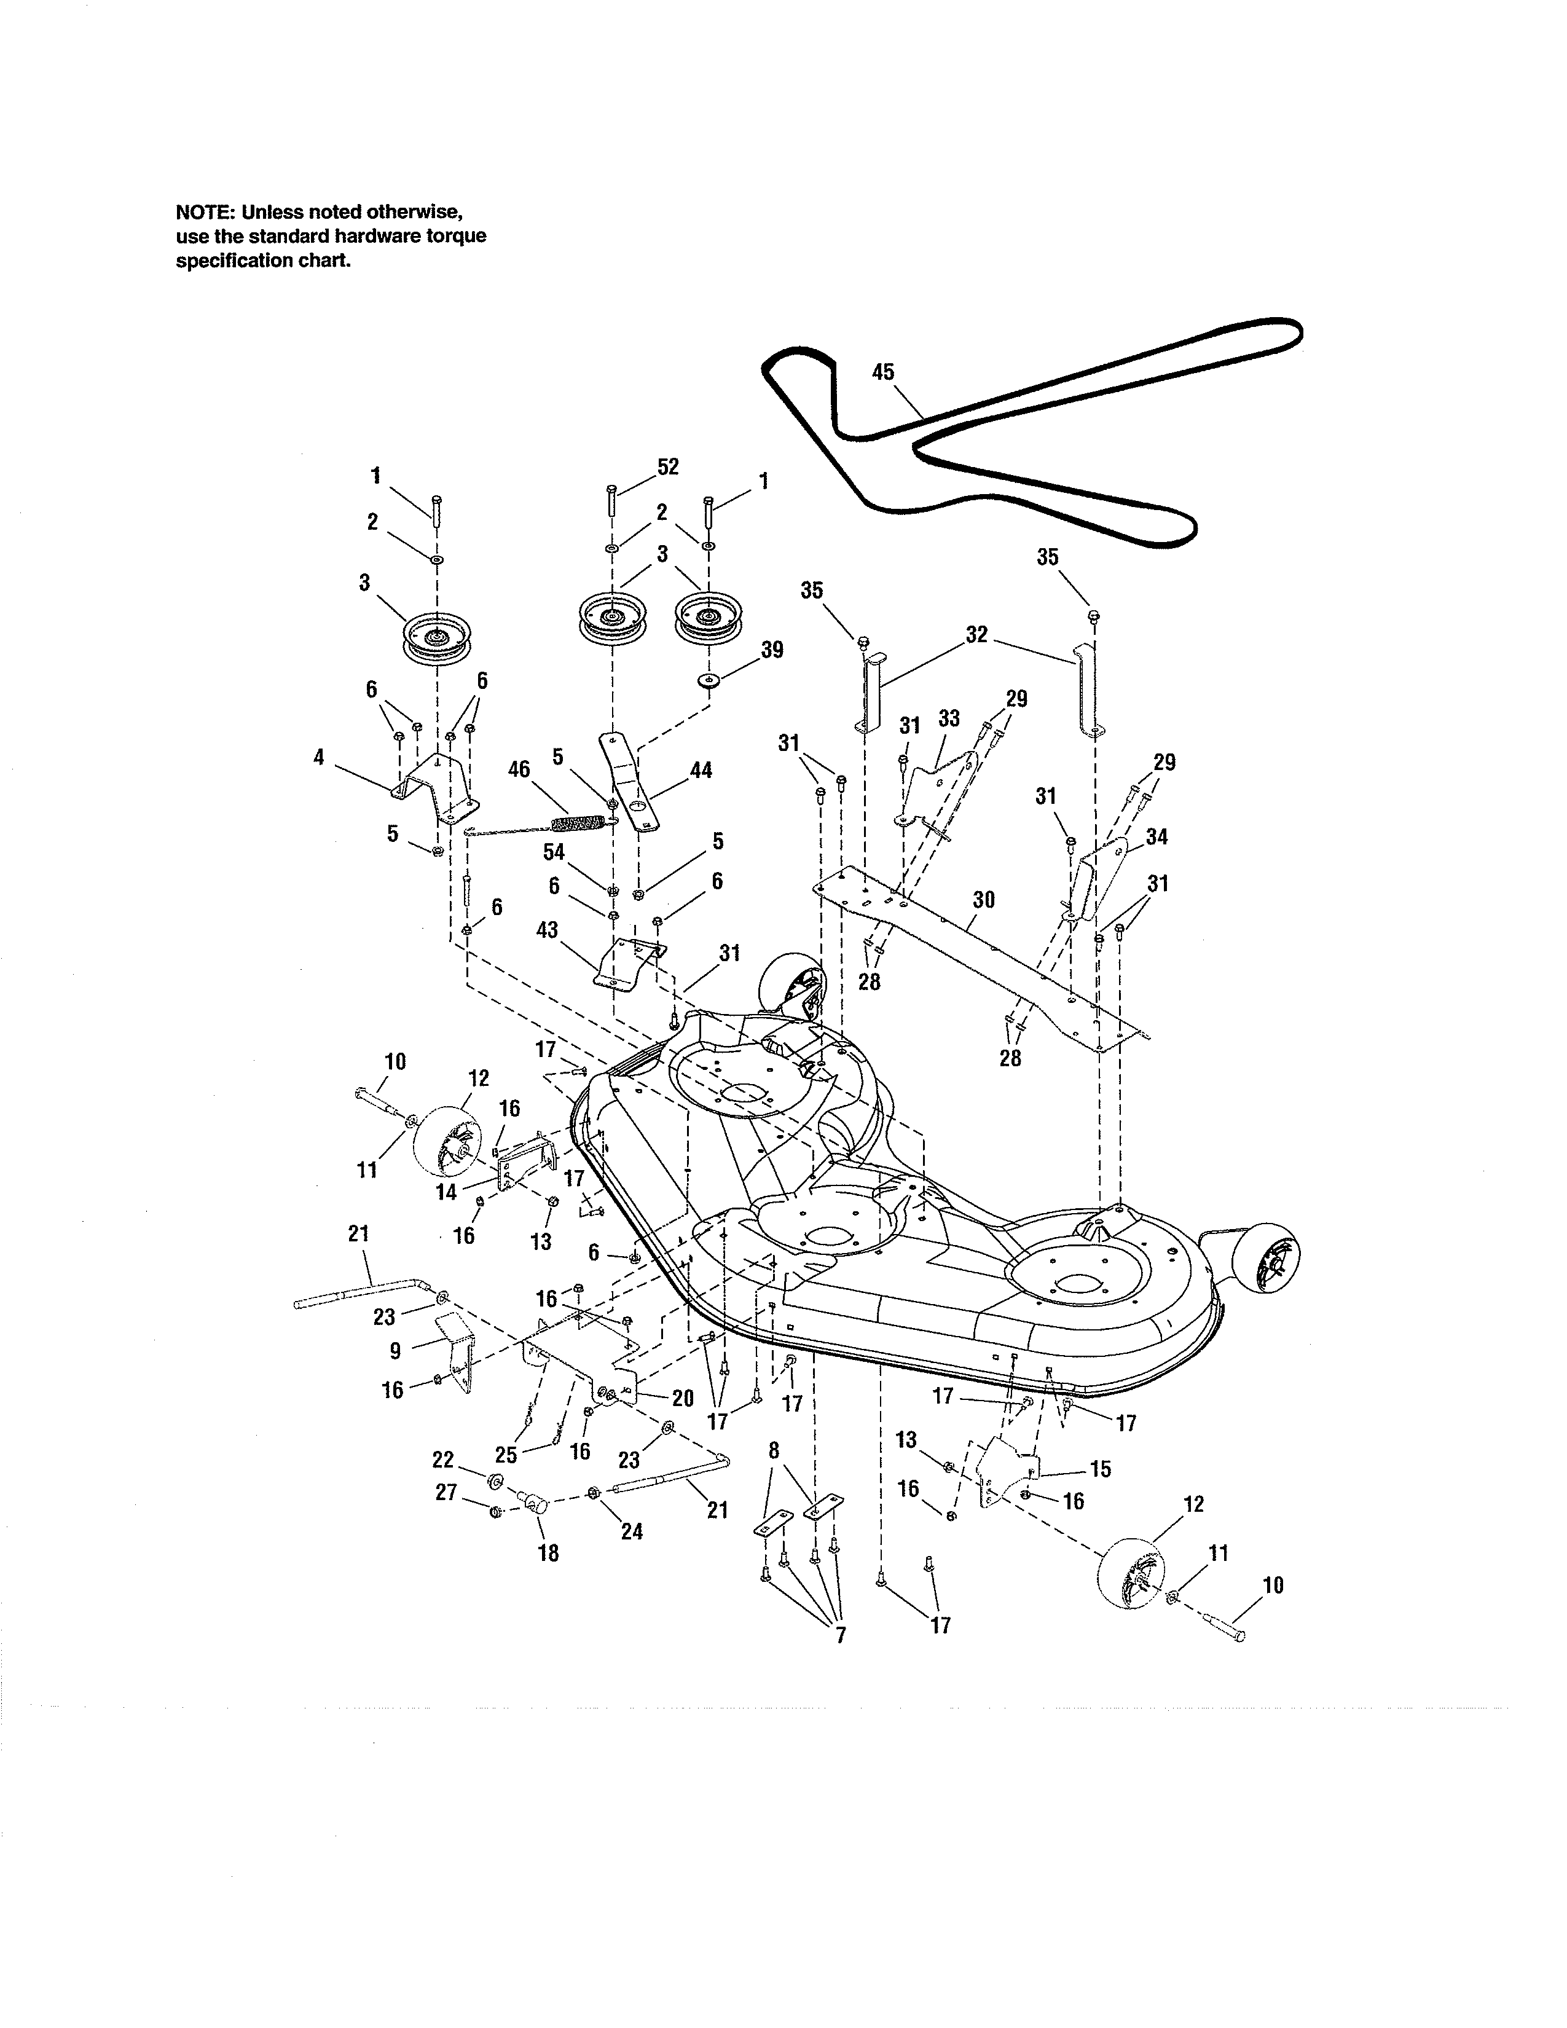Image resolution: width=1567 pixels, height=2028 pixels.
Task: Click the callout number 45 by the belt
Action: [883, 372]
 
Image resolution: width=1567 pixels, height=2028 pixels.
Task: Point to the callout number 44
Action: [701, 770]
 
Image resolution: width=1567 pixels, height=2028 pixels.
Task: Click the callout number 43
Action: [548, 929]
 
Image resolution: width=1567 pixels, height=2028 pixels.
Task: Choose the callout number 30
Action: [984, 900]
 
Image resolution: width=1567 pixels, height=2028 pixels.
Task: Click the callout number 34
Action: [1157, 836]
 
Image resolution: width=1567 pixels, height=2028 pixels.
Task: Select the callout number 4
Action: [320, 758]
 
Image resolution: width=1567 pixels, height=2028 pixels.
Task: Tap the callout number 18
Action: [549, 1552]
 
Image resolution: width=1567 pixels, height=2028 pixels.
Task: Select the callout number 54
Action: [554, 852]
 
